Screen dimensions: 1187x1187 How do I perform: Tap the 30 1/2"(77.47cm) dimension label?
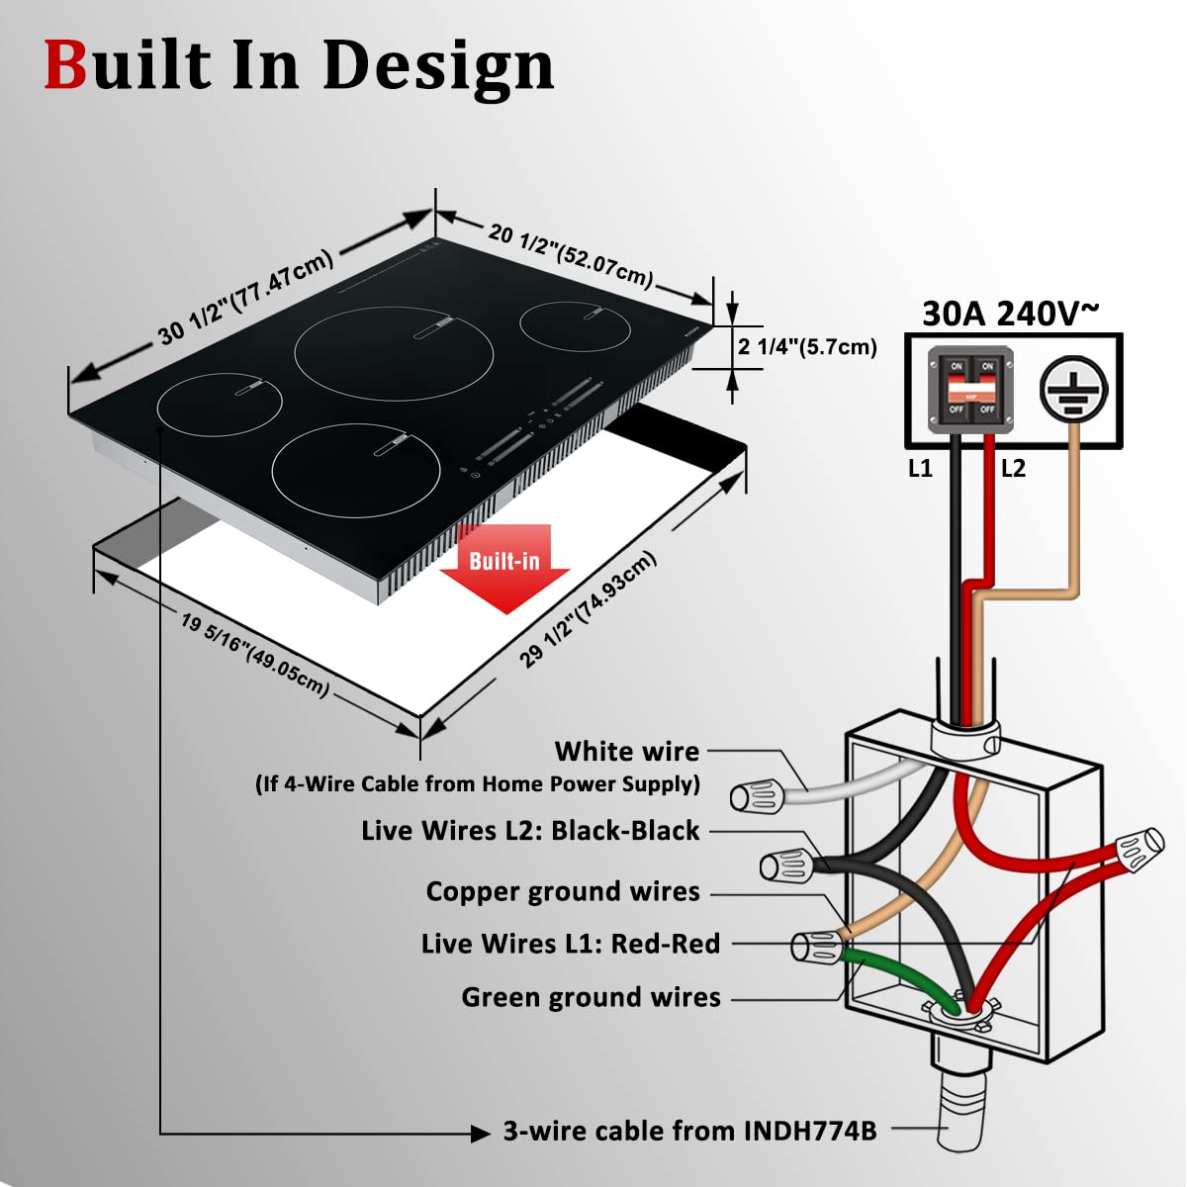[245, 296]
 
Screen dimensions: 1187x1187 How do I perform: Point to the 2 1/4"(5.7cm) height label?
[807, 347]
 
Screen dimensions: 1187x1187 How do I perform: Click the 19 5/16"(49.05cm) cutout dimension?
[254, 654]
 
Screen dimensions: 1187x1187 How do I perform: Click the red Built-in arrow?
[504, 567]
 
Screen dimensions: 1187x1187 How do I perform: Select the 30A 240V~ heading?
[1010, 313]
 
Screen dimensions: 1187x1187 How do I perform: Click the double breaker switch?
[970, 390]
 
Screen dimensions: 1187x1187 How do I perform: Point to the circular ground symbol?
[1073, 390]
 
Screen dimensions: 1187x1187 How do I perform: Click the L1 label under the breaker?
[920, 469]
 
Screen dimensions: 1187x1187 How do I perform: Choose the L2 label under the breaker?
[1013, 469]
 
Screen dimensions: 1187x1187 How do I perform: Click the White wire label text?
[626, 752]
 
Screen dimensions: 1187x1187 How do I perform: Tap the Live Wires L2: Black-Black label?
[530, 831]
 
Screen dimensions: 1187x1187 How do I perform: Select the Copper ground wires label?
[563, 891]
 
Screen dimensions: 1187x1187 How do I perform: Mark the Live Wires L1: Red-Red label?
[571, 944]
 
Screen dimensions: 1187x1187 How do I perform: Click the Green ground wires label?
[591, 997]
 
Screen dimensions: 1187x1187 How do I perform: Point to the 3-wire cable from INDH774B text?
[689, 1131]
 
